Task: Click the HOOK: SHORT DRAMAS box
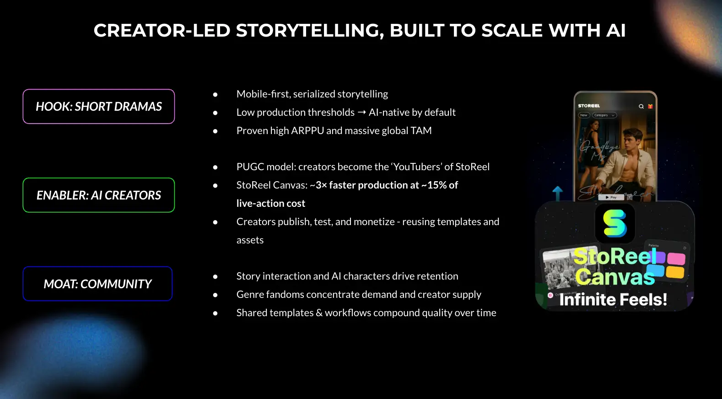tap(99, 107)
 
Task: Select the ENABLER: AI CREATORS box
tap(99, 195)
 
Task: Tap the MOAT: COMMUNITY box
tap(97, 284)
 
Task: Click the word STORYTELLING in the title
tap(310, 31)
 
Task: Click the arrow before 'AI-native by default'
tap(361, 113)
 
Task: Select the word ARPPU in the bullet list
tap(307, 131)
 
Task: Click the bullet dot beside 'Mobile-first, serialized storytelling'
tap(215, 95)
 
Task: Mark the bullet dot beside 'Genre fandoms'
tap(215, 295)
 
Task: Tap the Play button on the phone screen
tap(611, 197)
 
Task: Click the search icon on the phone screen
tap(641, 106)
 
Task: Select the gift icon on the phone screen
tap(650, 106)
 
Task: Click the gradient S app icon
tap(614, 223)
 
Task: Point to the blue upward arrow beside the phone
tap(557, 192)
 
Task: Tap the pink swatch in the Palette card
tap(676, 259)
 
